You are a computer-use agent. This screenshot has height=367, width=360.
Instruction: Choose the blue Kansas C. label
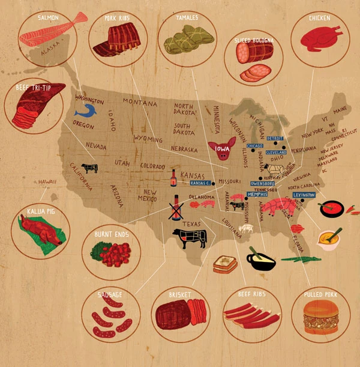199,182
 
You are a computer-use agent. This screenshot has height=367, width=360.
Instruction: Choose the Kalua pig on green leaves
40,231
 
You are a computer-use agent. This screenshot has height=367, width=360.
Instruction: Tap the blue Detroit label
275,138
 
